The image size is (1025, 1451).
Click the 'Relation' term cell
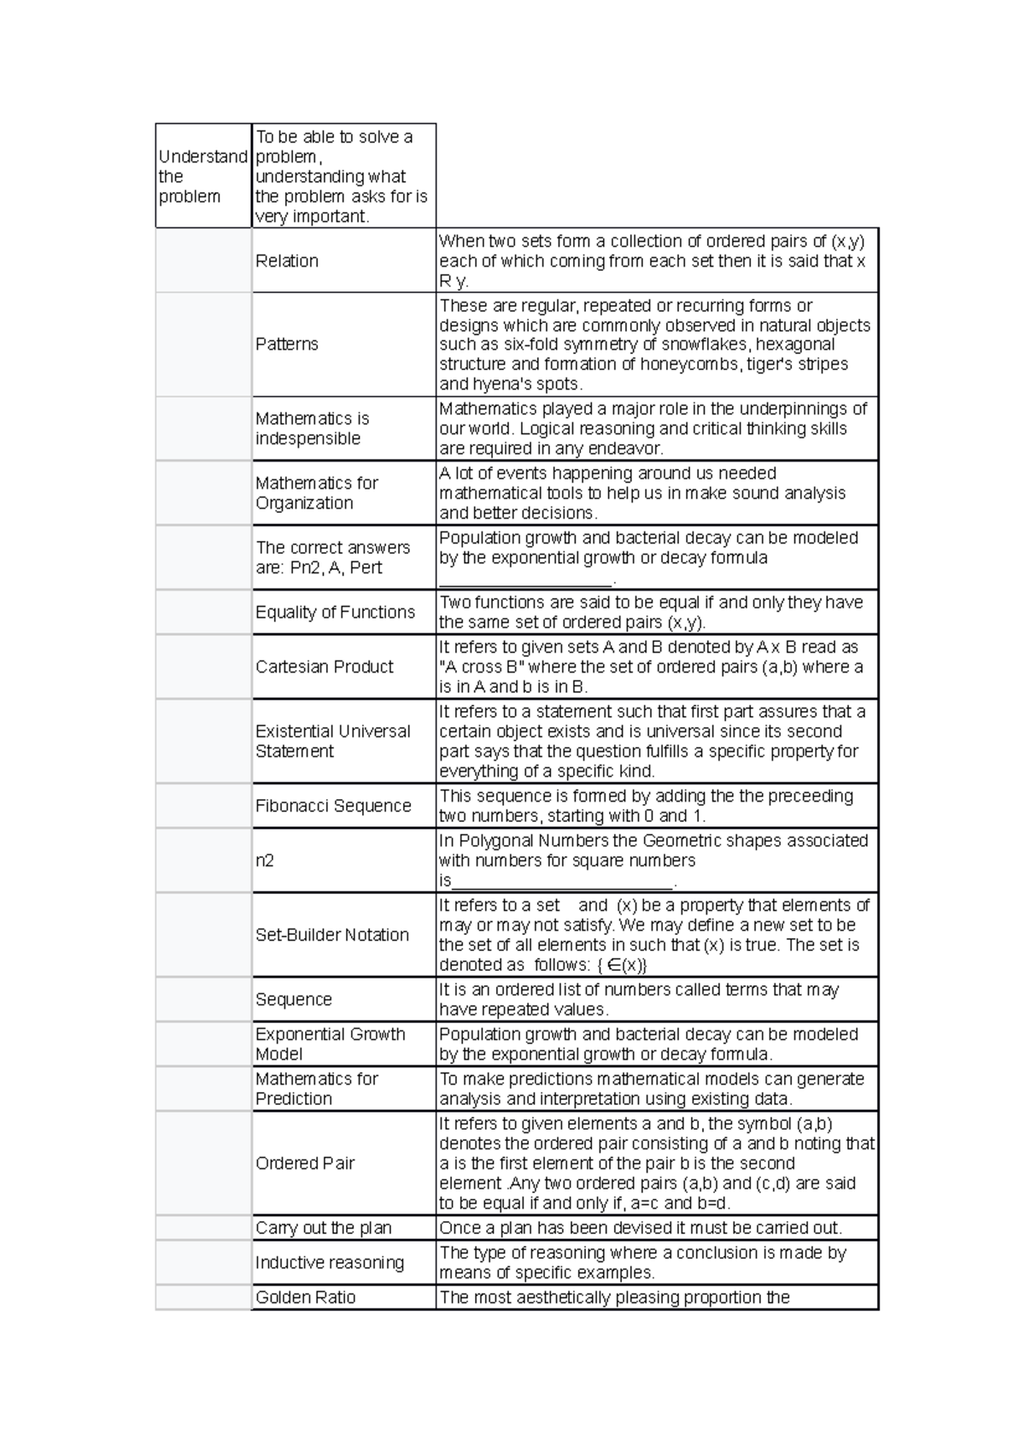click(x=287, y=261)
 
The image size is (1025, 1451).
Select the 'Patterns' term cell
click(x=287, y=344)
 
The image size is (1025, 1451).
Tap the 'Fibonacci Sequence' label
click(x=333, y=806)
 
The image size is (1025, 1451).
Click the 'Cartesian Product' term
click(x=325, y=667)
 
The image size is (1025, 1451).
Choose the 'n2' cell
click(x=265, y=861)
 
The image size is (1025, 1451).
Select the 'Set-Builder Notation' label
click(x=332, y=935)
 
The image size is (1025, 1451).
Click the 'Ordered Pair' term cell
click(x=305, y=1163)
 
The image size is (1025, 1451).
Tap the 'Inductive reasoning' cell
click(x=330, y=1262)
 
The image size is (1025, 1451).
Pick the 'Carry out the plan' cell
click(x=324, y=1228)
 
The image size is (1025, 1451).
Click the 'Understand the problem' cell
click(x=202, y=176)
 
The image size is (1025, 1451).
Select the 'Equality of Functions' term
click(x=335, y=612)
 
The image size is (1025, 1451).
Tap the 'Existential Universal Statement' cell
click(x=333, y=741)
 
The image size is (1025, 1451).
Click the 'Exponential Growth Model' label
click(x=331, y=1043)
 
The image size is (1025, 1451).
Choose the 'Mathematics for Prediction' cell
click(x=317, y=1089)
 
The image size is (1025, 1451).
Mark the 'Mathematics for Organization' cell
click(x=317, y=493)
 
